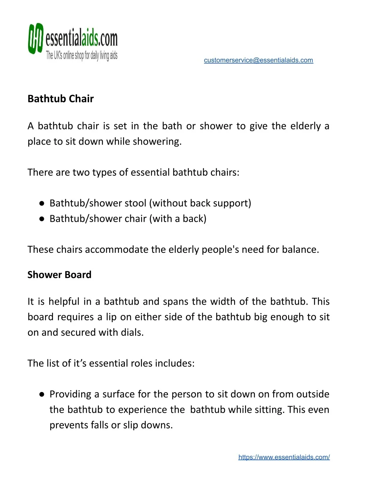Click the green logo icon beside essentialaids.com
click(x=35, y=38)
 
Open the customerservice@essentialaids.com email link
click(x=258, y=60)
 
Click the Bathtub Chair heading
click(x=61, y=99)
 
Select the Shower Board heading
click(x=60, y=275)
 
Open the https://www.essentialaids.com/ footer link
click(x=284, y=457)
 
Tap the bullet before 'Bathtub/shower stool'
click(x=42, y=203)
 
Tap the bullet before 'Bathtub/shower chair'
click(x=42, y=219)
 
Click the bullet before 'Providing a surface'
click(x=42, y=395)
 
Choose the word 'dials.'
click(x=132, y=332)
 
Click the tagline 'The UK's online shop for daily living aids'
click(x=81, y=56)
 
